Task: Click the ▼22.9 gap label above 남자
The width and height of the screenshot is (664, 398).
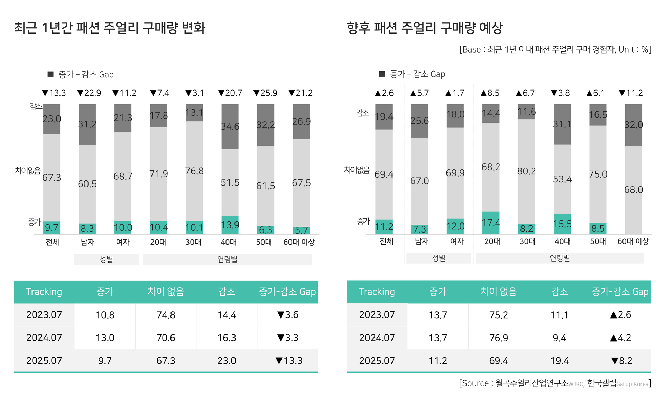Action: tap(89, 93)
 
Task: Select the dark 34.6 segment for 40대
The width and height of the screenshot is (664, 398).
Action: tap(230, 126)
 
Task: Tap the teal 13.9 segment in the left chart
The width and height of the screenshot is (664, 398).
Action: tap(230, 225)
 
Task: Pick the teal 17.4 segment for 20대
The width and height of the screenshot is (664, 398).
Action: tap(491, 222)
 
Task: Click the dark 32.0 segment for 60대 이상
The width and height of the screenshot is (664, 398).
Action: tap(633, 125)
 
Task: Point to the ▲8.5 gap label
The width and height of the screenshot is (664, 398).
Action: tap(490, 93)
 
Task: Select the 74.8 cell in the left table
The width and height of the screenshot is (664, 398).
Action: tap(166, 315)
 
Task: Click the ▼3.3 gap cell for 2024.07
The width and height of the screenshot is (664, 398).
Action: tap(288, 338)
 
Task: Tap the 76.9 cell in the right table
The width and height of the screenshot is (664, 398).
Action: tap(498, 338)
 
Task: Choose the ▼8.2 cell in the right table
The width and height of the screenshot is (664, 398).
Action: tap(621, 361)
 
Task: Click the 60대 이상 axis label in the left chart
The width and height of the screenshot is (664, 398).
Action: tap(299, 242)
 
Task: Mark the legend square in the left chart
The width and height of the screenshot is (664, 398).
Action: tap(50, 74)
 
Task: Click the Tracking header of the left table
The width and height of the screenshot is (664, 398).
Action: tap(44, 292)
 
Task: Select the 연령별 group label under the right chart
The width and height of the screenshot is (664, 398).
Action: tap(560, 258)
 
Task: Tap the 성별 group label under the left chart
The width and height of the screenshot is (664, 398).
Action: tap(106, 259)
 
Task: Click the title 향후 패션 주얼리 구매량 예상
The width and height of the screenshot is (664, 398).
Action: tap(424, 28)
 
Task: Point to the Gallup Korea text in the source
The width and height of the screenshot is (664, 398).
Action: tap(632, 384)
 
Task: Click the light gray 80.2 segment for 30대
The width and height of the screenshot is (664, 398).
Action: tap(526, 171)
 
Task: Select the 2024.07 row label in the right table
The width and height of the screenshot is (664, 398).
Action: tap(377, 338)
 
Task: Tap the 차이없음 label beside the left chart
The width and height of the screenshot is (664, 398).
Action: tap(28, 170)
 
